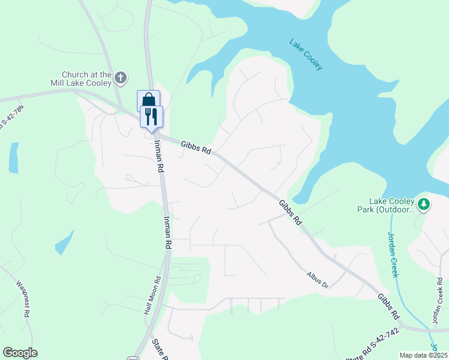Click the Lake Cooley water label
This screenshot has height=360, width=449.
point(306,55)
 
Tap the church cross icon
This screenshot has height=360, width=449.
point(121,77)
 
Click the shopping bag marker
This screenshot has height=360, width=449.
point(148,100)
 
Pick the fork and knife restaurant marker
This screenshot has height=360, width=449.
point(151,115)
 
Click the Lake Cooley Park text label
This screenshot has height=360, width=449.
point(392,206)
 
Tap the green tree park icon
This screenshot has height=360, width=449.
point(424,205)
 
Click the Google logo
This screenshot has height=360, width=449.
point(20,353)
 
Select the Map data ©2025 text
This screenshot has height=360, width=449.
point(424,355)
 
